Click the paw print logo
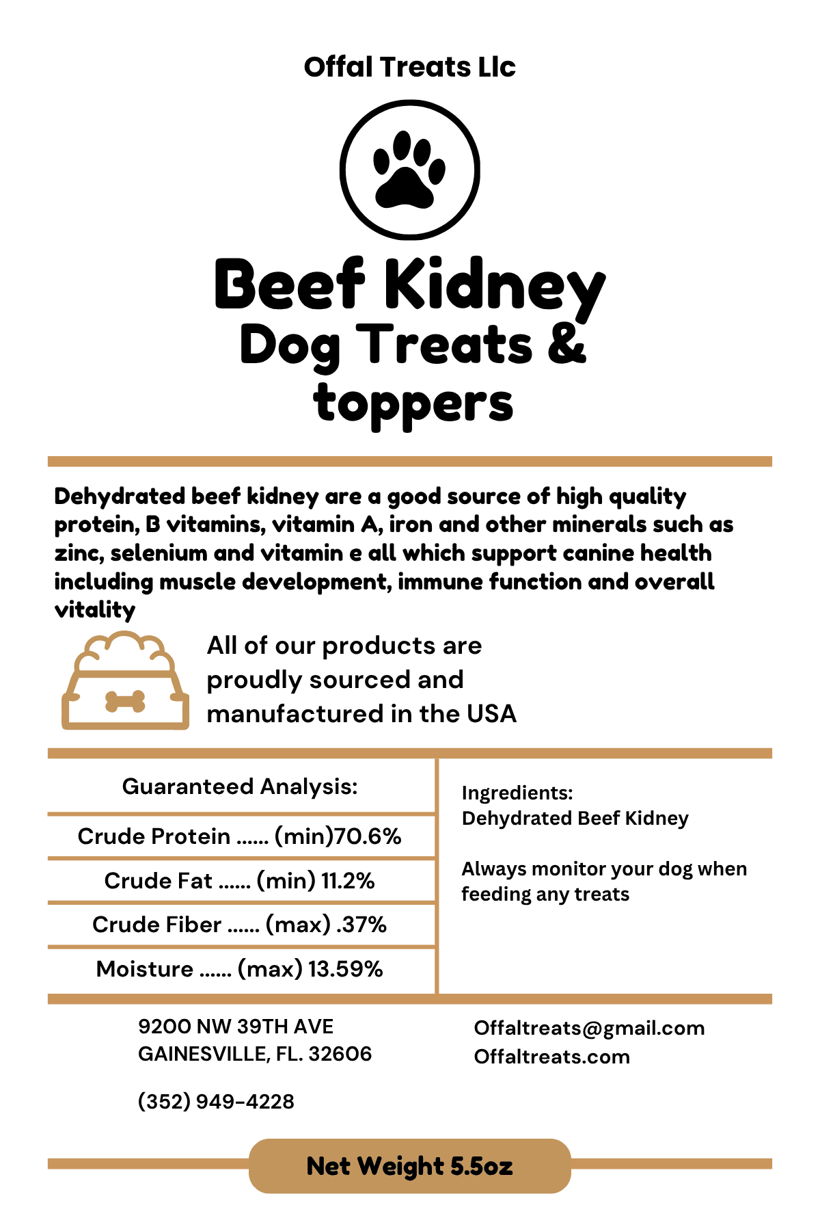(410, 170)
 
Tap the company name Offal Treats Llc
(410, 67)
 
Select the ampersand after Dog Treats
(566, 344)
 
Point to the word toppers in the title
(413, 403)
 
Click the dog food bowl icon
(125, 680)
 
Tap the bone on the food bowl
(125, 701)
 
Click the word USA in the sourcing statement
(491, 714)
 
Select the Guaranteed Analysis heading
(240, 786)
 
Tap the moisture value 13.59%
(345, 969)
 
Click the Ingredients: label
(517, 793)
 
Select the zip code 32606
(340, 1054)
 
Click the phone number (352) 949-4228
(216, 1102)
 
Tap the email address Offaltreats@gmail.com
(589, 1028)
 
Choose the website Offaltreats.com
(552, 1057)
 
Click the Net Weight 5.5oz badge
(410, 1166)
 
